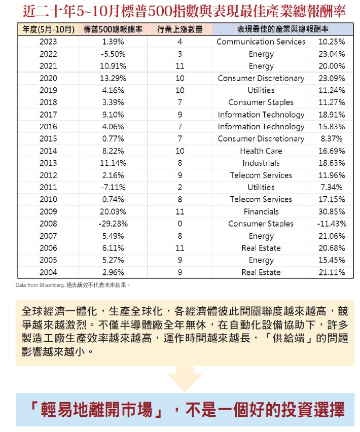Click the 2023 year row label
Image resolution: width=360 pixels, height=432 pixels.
point(48,42)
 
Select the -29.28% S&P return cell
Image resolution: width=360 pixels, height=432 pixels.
point(113,224)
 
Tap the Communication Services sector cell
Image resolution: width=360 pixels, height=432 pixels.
point(261,42)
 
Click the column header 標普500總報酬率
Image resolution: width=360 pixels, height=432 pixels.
point(113,29)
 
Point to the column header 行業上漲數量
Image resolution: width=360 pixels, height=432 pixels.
point(179,29)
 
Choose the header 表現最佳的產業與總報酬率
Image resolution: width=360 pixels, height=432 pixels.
point(282,29)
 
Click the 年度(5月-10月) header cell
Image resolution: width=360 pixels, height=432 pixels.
point(48,29)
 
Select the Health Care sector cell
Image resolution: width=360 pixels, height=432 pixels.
point(261,151)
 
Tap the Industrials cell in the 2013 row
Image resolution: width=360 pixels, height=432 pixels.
point(261,163)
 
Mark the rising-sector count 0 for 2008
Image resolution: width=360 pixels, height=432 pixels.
point(179,224)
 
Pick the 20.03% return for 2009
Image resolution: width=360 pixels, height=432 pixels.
point(113,211)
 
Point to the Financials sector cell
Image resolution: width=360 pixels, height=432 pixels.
point(261,211)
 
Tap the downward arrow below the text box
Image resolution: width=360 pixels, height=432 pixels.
point(185,378)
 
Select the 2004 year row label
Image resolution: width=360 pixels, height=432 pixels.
point(48,272)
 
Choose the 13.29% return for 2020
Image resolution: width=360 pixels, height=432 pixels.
point(113,78)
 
